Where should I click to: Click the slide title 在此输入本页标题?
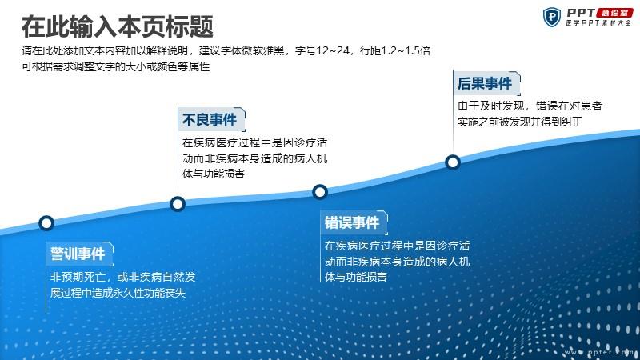[118, 27]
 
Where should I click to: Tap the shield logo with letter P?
[552, 18]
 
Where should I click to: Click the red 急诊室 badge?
[614, 13]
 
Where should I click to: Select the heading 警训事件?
[78, 254]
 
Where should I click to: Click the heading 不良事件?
[210, 119]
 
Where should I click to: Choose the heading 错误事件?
[352, 222]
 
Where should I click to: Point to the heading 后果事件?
[485, 83]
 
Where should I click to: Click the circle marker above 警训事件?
[46, 223]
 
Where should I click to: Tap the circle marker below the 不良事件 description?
[178, 204]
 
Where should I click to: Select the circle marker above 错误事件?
[320, 191]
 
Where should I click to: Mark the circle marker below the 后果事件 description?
[453, 162]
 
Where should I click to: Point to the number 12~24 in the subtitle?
[333, 50]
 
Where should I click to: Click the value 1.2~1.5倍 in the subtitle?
[406, 50]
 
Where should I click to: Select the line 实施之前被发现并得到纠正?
[519, 122]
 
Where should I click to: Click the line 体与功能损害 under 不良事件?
[214, 174]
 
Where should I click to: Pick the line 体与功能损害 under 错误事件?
[355, 277]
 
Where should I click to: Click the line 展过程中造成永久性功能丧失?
[118, 293]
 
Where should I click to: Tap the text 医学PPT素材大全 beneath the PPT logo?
[598, 23]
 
